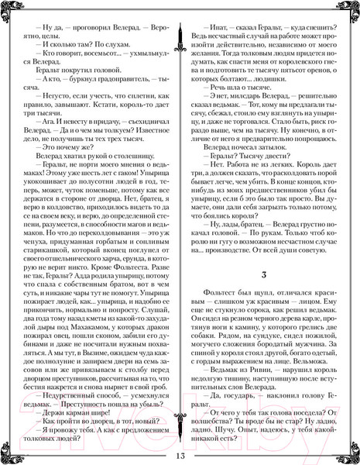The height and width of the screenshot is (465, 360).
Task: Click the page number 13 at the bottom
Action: (x=180, y=453)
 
